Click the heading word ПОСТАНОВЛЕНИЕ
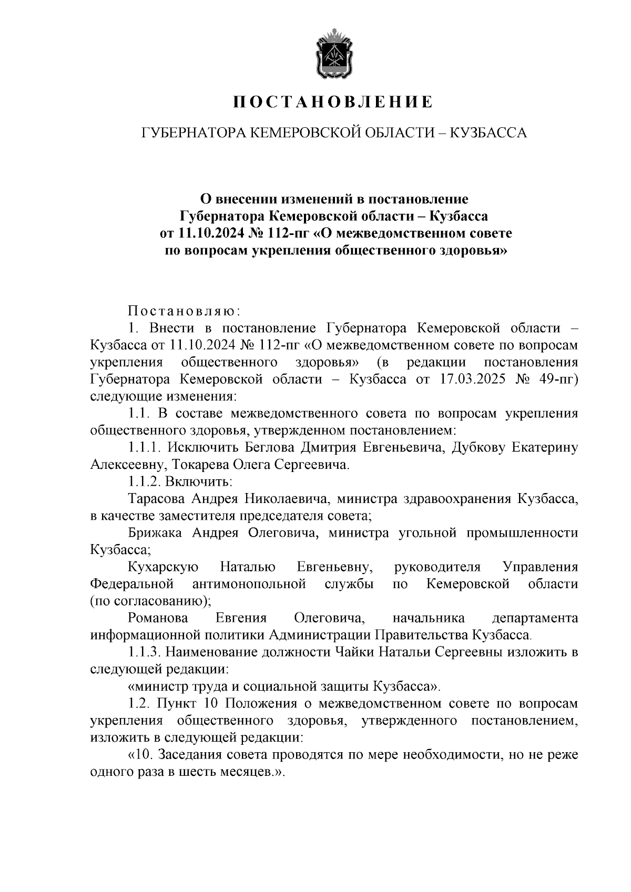tap(334, 102)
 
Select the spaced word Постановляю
tap(184, 311)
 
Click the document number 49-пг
tap(557, 380)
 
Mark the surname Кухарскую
tap(162, 567)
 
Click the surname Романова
tap(157, 618)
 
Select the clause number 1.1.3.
tap(145, 652)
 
